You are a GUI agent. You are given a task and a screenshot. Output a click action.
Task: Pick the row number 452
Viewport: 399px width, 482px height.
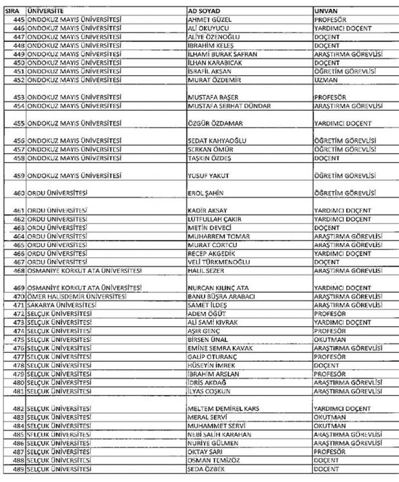pyautogui.click(x=18, y=79)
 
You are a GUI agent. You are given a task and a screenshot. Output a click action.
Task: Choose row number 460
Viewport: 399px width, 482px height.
pyautogui.click(x=18, y=193)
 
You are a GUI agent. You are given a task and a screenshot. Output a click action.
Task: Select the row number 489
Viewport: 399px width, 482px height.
pyautogui.click(x=18, y=469)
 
